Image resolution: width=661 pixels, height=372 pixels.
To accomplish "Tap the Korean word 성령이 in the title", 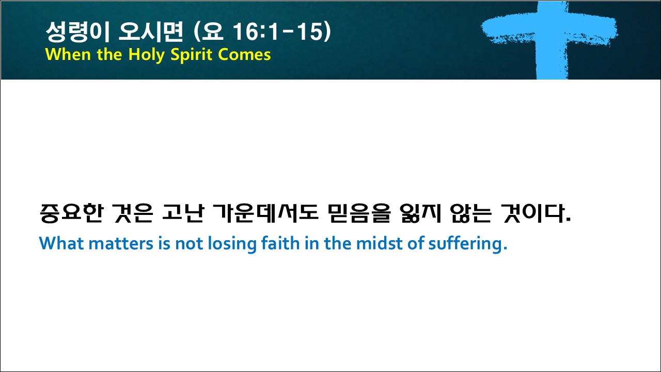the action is tap(78, 32).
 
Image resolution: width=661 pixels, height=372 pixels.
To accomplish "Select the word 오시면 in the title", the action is tap(151, 32).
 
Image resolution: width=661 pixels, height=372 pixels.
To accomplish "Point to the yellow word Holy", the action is tap(146, 55).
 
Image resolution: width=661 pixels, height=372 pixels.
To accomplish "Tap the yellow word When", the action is tap(68, 55).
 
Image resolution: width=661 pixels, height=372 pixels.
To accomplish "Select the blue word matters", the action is tap(121, 244).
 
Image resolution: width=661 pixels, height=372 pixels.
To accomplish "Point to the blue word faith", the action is tap(280, 243).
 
